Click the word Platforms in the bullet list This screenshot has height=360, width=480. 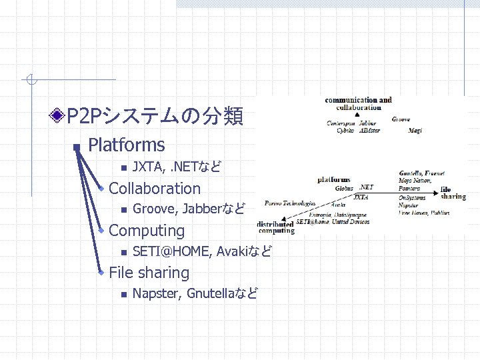[x=126, y=145]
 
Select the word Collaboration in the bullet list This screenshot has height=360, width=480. [x=154, y=189]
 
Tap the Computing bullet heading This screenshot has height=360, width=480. [x=146, y=231]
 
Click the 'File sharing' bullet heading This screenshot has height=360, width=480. [x=149, y=273]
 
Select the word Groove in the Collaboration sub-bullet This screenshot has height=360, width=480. [x=153, y=209]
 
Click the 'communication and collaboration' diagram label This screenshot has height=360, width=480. [x=358, y=103]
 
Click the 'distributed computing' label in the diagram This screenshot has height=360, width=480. [x=275, y=227]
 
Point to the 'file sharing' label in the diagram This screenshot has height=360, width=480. [x=453, y=193]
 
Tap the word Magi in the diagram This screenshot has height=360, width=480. [x=415, y=131]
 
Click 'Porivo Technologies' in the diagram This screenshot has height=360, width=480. [x=290, y=201]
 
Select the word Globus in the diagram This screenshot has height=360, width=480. [x=344, y=189]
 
